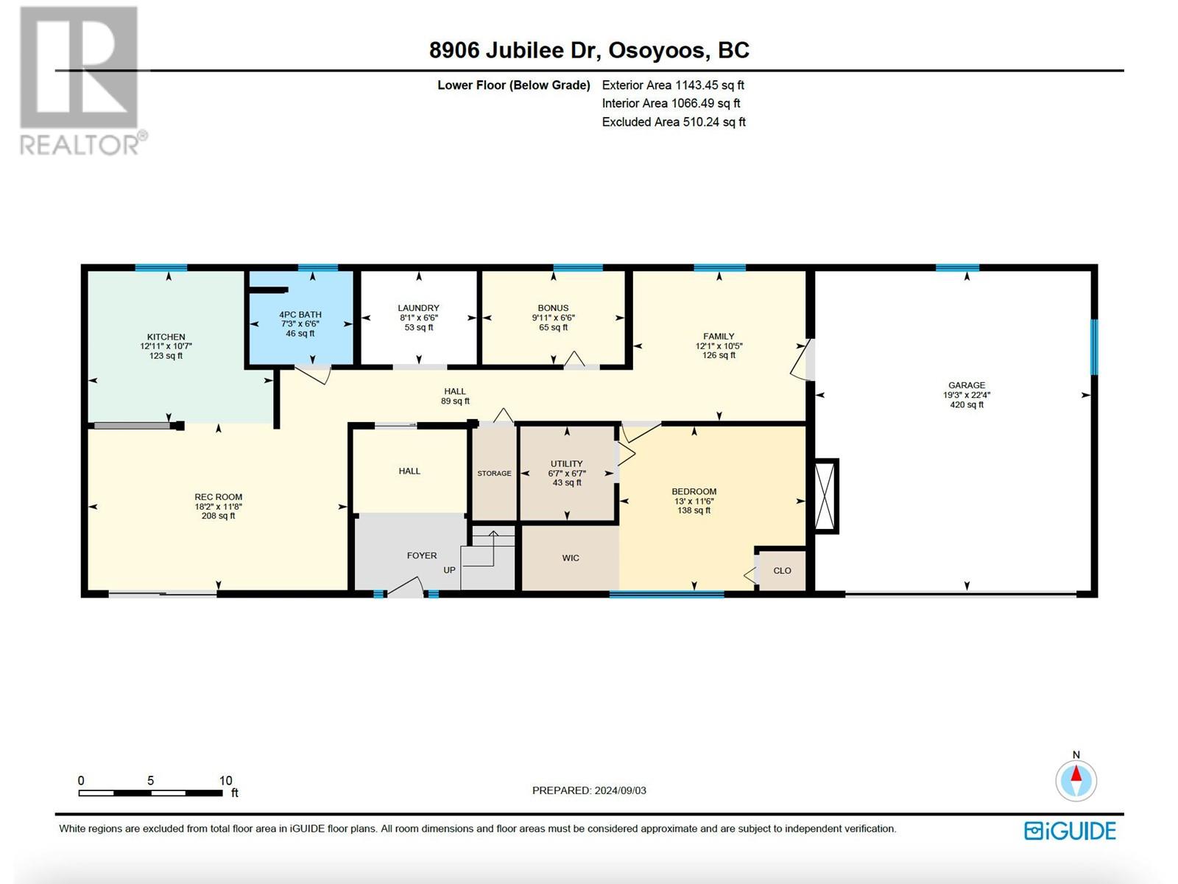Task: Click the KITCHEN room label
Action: [x=166, y=337]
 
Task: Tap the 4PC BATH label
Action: [x=300, y=315]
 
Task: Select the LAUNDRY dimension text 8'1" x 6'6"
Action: [x=419, y=318]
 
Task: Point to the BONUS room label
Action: [x=554, y=308]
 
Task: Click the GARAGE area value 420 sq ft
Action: [x=967, y=404]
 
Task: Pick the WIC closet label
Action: [x=571, y=558]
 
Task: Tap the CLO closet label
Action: [x=782, y=570]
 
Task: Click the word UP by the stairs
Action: [x=449, y=570]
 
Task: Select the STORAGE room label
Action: [x=494, y=474]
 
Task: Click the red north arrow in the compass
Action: [x=1076, y=773]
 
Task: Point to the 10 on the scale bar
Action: [x=225, y=780]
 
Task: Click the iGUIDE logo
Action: [x=1070, y=831]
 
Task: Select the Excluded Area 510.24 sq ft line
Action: [x=674, y=122]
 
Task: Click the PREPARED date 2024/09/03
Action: [x=620, y=790]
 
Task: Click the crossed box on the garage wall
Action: [x=825, y=496]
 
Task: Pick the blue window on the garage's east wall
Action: [x=1094, y=347]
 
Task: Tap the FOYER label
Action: [x=422, y=555]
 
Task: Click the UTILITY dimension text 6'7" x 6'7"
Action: [x=567, y=474]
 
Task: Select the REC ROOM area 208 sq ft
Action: [x=218, y=516]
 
